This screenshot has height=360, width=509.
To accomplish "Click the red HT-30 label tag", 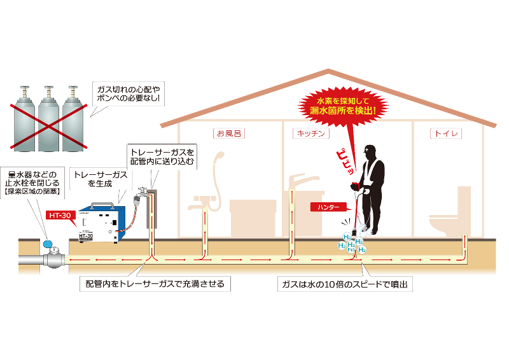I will pyautogui.click(x=61, y=215).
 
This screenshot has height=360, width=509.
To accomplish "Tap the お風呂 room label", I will pyautogui.click(x=230, y=134).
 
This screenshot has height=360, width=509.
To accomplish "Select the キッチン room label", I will pyautogui.click(x=311, y=134).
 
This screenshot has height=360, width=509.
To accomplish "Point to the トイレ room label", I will pyautogui.click(x=446, y=134).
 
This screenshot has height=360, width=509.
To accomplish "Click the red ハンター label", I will pyautogui.click(x=330, y=207).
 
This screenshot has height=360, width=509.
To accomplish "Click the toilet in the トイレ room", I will pyautogui.click(x=446, y=216).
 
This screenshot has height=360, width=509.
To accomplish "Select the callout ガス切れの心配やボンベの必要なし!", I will pyautogui.click(x=127, y=94).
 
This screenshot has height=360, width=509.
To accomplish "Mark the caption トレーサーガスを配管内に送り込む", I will pyautogui.click(x=161, y=157).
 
